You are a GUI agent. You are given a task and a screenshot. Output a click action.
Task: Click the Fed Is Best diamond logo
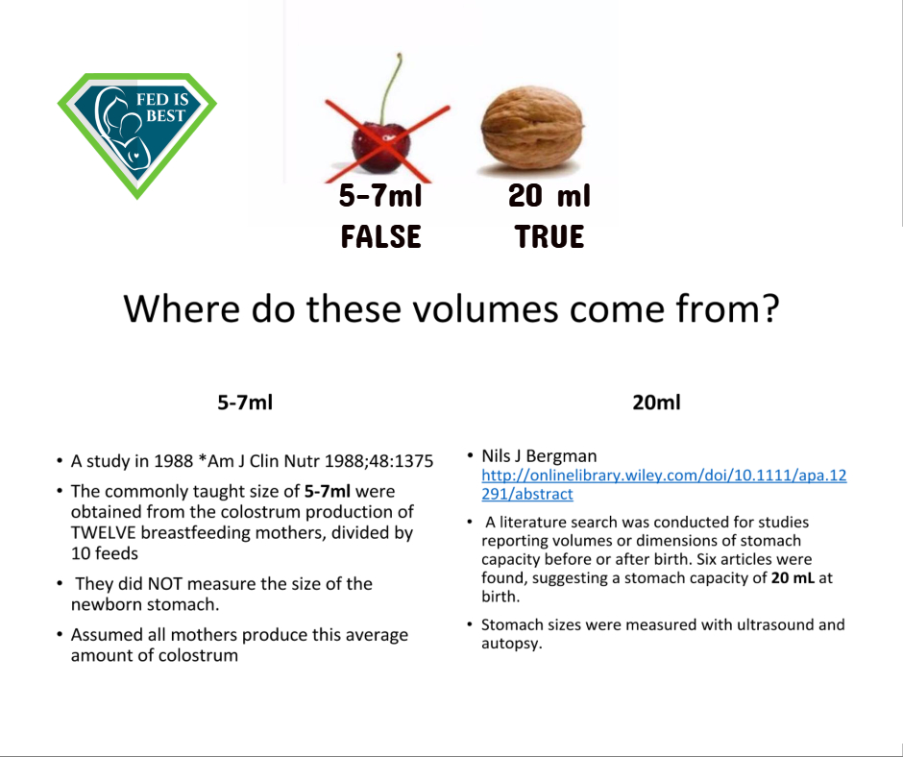137,134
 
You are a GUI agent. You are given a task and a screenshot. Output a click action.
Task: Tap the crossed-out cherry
381,146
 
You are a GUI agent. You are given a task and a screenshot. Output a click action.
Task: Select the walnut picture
532,128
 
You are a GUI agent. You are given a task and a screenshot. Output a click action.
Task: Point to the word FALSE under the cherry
380,236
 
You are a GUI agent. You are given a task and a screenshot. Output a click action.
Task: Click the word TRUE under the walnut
549,236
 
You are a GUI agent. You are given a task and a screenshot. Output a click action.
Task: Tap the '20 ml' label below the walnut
549,195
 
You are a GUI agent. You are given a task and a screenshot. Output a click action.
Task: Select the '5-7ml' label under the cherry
380,195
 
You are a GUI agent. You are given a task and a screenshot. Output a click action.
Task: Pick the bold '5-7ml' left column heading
245,403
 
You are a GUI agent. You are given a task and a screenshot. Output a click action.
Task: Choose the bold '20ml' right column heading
656,403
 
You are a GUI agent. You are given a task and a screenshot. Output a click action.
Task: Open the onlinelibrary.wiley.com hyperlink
664,484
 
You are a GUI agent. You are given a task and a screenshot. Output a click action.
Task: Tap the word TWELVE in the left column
103,532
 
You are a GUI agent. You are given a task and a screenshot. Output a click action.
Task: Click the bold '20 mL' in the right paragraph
793,577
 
